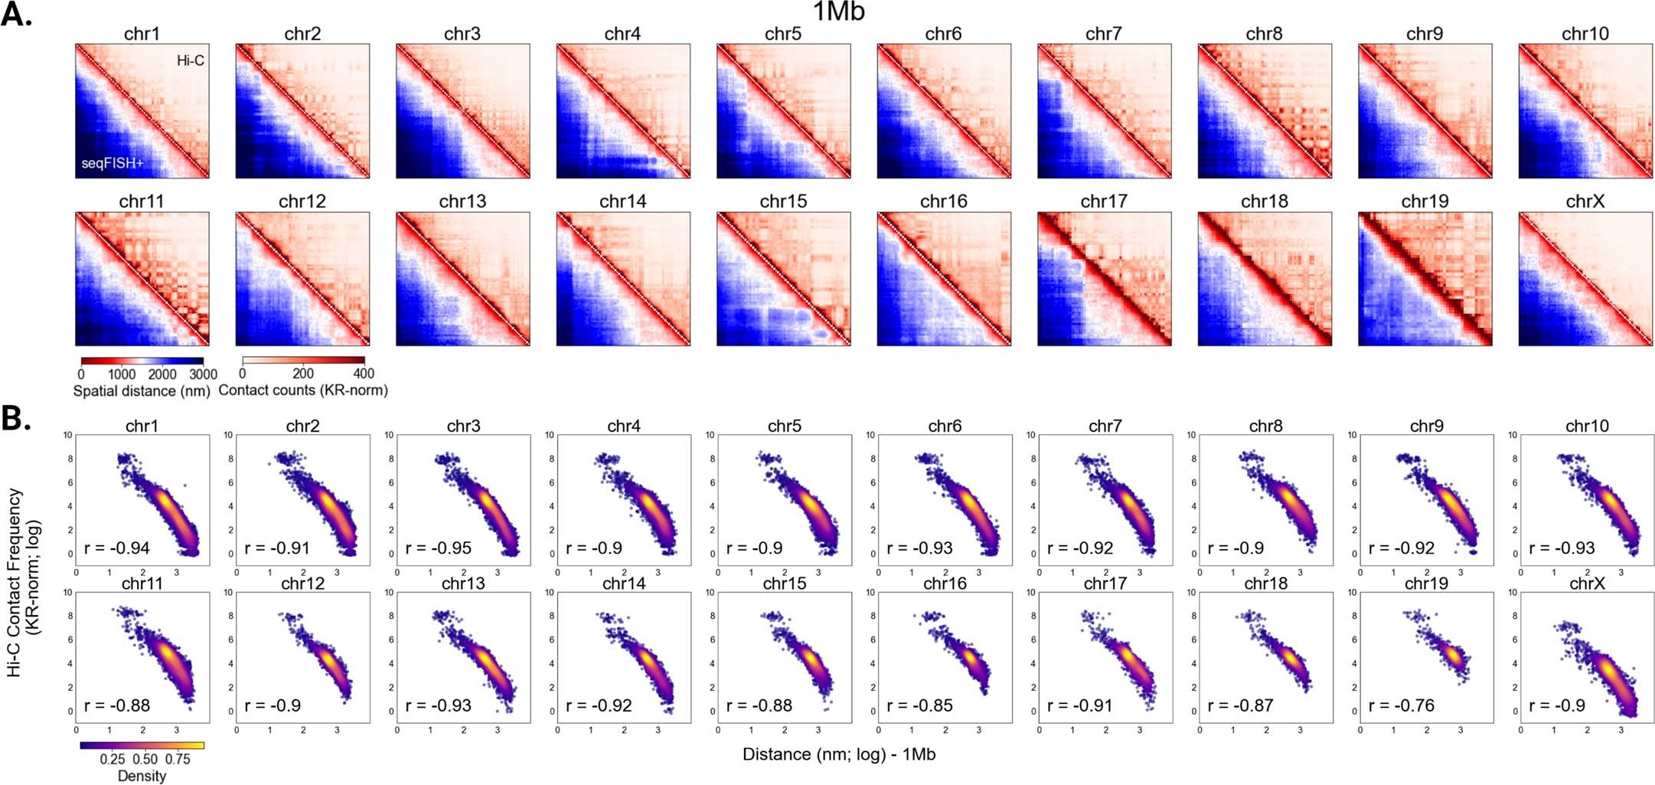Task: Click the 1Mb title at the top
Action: point(838,12)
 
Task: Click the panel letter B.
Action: point(15,420)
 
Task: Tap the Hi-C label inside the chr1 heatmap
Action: point(191,61)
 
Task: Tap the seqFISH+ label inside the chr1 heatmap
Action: point(113,163)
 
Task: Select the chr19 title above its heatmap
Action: point(1425,201)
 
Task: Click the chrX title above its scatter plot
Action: point(1587,584)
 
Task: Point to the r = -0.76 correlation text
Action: point(1402,705)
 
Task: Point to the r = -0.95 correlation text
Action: point(439,548)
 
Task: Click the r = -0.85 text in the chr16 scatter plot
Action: point(920,705)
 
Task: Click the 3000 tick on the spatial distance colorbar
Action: point(203,375)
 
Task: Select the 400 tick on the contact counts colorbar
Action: point(364,374)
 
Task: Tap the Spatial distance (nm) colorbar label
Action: point(142,391)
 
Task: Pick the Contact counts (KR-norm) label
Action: point(303,391)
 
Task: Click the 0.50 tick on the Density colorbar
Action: point(145,759)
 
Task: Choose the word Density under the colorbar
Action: point(142,776)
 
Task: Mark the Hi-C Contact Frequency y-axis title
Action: point(24,582)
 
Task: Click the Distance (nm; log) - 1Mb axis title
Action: point(839,754)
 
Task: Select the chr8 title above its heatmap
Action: point(1264,34)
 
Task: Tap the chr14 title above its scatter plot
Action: point(625,584)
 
